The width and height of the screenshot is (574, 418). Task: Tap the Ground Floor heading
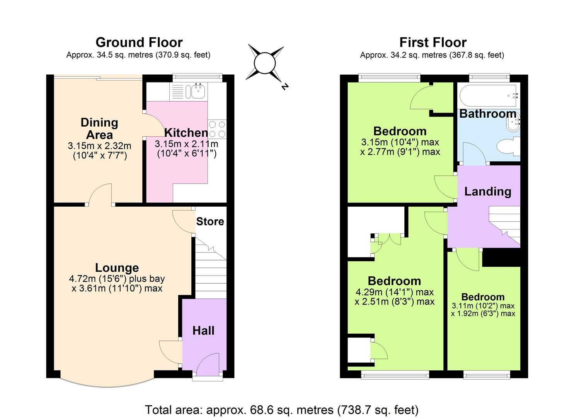click(x=139, y=42)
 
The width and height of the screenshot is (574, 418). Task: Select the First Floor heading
click(x=433, y=42)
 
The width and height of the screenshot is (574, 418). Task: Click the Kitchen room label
click(x=186, y=133)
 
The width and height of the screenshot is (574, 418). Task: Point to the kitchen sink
click(x=198, y=92)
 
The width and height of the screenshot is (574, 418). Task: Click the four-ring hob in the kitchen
click(x=217, y=129)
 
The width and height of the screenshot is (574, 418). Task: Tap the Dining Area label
click(x=99, y=128)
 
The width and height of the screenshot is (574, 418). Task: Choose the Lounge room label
click(x=117, y=268)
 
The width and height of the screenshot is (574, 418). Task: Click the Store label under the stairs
click(x=210, y=221)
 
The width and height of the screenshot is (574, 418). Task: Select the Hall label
click(x=203, y=331)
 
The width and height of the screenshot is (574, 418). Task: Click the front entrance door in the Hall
click(x=208, y=366)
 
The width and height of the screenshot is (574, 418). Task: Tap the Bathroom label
click(x=488, y=114)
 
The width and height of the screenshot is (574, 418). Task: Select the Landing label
click(x=487, y=191)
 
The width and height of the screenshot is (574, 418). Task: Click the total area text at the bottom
click(x=281, y=409)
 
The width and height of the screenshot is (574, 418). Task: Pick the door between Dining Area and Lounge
click(x=100, y=195)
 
